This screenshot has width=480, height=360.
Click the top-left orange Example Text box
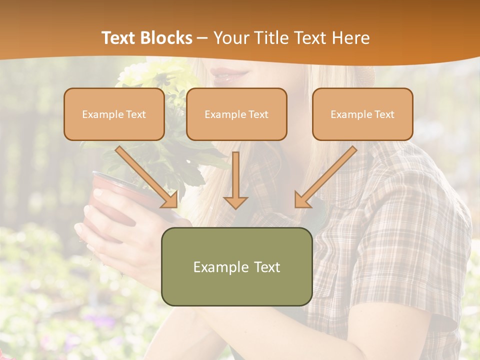(x=114, y=114)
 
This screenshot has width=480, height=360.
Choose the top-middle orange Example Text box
(x=236, y=114)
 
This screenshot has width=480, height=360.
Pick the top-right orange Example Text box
(x=362, y=114)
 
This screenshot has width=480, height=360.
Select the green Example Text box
(x=236, y=267)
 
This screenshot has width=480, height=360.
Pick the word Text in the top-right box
(x=384, y=114)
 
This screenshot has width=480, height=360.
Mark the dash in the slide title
(x=202, y=38)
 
